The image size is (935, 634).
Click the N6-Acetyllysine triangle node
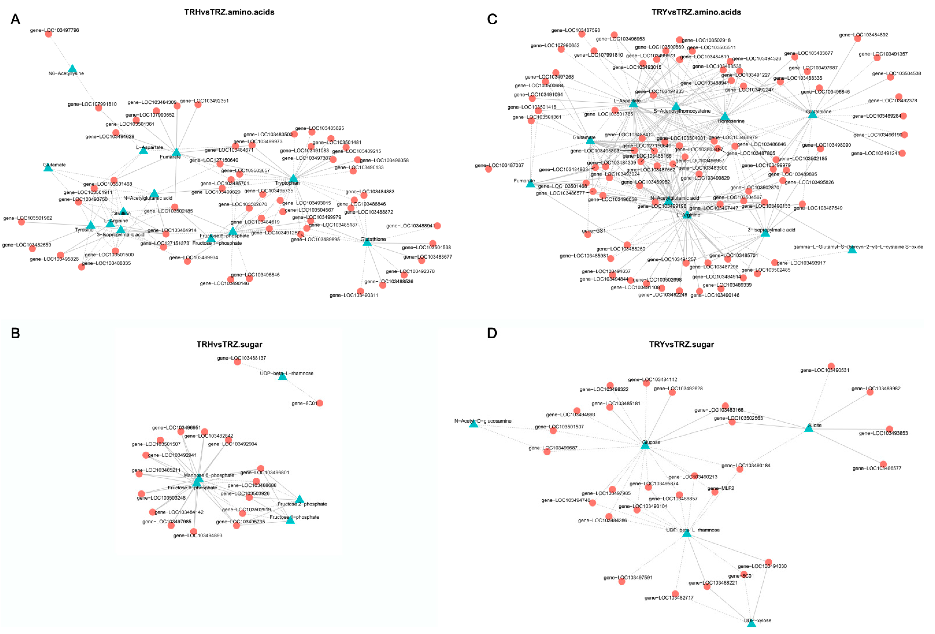point(73,69)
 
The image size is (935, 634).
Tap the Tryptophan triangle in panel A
point(293,178)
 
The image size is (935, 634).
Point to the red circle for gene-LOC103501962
point(21,222)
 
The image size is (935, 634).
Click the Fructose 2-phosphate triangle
point(299,499)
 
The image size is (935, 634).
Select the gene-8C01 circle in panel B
point(320,403)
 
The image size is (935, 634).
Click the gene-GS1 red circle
point(588,234)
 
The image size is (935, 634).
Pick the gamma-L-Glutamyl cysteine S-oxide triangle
point(852,250)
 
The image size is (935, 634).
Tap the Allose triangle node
point(809,428)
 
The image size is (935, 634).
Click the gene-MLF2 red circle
point(715,492)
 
